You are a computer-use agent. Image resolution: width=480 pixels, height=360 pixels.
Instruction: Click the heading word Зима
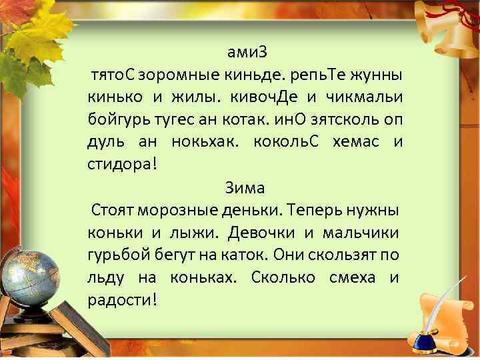(245, 187)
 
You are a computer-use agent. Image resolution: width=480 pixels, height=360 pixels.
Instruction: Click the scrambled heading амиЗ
(245, 52)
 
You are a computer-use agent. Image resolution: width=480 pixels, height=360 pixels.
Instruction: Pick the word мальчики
(361, 233)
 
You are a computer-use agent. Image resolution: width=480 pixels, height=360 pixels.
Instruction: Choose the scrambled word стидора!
(121, 164)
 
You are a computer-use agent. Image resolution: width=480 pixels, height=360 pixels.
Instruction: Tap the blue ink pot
(425, 339)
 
